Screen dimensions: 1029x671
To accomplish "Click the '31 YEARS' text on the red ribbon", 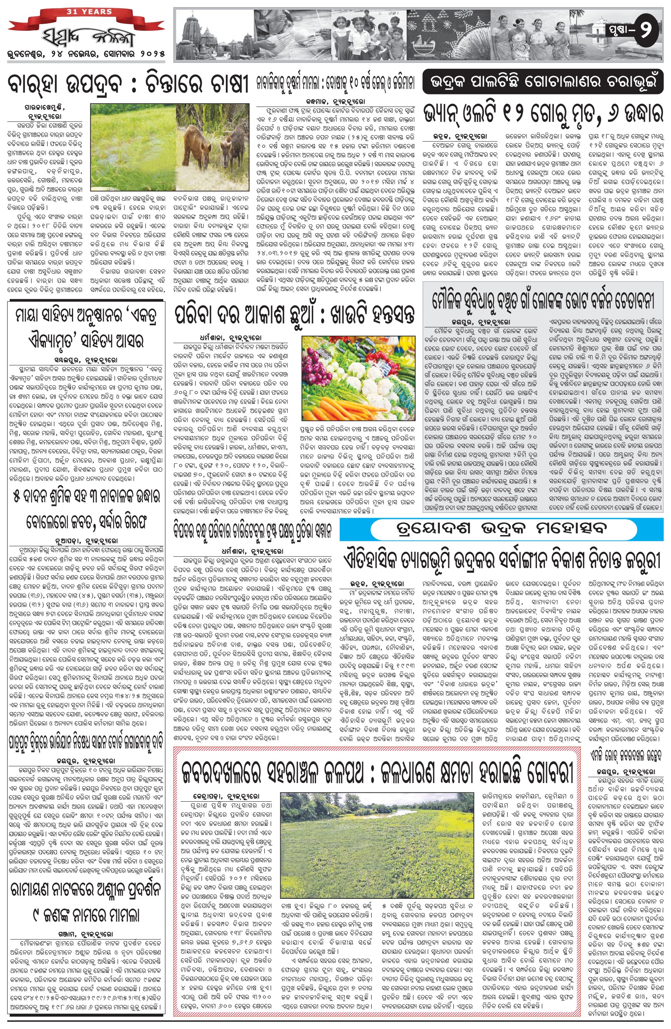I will [89, 12].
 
